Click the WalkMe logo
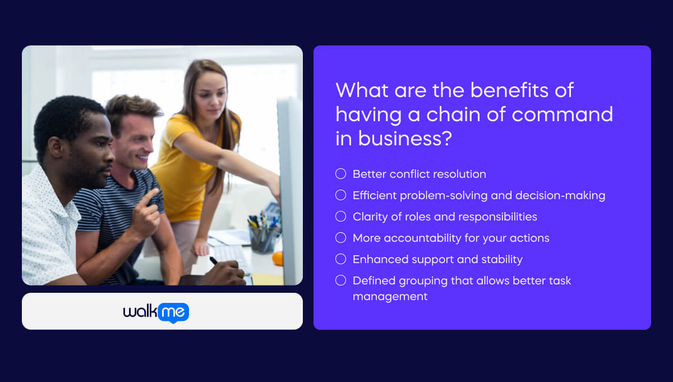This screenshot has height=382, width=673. point(156,312)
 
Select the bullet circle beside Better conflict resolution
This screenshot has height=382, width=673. point(340,174)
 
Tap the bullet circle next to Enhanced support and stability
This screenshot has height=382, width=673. point(340,259)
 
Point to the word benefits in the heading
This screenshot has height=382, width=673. point(515,90)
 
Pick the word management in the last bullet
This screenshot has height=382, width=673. point(390,296)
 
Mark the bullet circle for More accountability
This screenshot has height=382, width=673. point(340,238)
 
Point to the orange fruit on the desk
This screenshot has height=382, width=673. point(278,258)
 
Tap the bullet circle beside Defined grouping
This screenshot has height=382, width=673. point(340,280)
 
